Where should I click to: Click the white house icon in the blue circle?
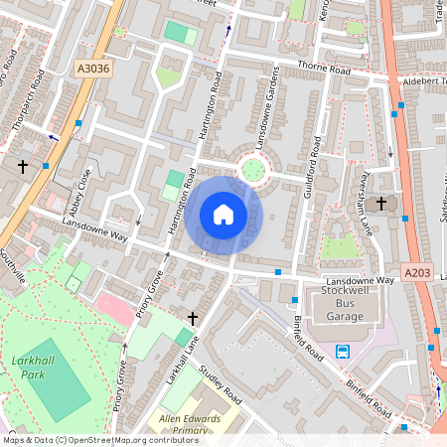point(223,214)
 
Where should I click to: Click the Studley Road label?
point(221,384)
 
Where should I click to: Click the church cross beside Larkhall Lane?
point(193,318)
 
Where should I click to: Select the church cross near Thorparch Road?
point(23,166)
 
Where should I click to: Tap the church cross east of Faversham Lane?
point(381,204)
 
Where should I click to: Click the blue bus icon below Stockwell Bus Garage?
point(343,351)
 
